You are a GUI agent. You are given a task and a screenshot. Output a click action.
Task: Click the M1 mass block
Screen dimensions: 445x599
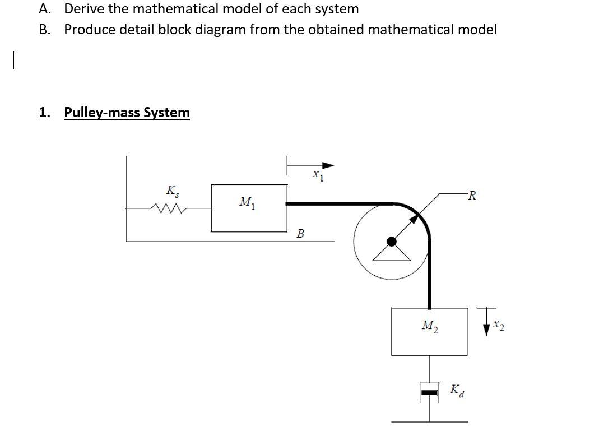[249, 207]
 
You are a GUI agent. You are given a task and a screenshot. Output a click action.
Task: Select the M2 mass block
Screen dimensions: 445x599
[429, 331]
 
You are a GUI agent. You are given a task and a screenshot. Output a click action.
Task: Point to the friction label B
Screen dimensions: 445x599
[300, 233]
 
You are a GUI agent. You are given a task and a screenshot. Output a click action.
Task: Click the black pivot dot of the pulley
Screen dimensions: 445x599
[392, 241]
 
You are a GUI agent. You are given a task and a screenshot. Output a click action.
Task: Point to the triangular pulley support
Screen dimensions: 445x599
[392, 253]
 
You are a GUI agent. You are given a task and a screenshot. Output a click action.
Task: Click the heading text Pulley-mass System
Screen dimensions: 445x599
[127, 112]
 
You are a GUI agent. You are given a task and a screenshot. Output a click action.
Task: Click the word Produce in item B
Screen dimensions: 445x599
[87, 29]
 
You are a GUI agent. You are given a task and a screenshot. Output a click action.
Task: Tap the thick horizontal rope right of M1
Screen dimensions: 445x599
[336, 204]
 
